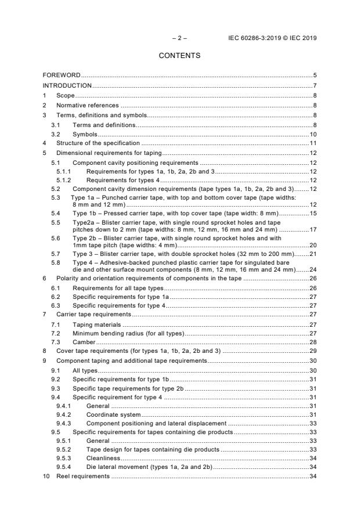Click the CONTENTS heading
tap(179, 56)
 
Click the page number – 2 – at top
tap(179, 38)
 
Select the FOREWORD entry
tap(62, 75)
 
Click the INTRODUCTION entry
tap(67, 86)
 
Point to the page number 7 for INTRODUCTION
tap(314, 86)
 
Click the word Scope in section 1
tap(66, 95)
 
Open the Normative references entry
tap(87, 105)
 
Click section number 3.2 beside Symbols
tap(56, 133)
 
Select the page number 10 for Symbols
tap(312, 133)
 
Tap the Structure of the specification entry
tap(98, 143)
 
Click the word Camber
tap(84, 342)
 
